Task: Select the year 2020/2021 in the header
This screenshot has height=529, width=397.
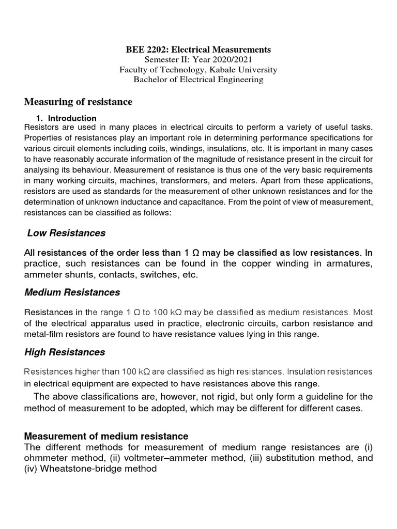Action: tap(233, 59)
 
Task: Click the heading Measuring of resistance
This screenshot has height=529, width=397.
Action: tap(79, 102)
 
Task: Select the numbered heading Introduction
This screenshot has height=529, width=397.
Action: tap(72, 118)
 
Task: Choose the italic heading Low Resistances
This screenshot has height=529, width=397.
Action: tap(66, 233)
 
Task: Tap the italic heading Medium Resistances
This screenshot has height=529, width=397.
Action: tap(72, 292)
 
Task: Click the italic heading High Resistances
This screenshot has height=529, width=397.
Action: tap(65, 352)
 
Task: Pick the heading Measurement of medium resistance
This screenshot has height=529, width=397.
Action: tap(106, 436)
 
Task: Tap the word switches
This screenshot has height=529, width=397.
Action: tap(152, 275)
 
